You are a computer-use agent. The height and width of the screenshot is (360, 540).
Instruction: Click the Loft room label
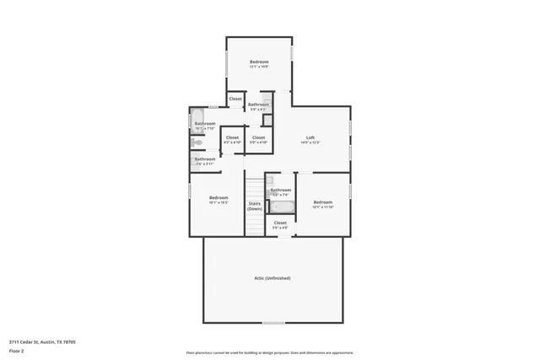[310, 138]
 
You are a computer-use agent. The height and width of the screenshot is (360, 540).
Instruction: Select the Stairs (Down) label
[254, 206]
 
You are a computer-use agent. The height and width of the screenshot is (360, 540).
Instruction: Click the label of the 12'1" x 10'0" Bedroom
[259, 62]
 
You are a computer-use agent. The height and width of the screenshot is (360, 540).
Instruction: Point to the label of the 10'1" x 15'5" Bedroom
[219, 197]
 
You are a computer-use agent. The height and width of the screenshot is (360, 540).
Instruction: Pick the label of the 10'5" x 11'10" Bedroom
[323, 202]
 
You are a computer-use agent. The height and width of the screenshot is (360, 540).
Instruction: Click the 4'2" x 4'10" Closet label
[232, 137]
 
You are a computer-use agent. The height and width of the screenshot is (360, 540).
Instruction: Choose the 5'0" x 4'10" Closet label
[258, 137]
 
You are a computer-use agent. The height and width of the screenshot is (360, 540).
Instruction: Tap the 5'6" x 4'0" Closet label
[280, 223]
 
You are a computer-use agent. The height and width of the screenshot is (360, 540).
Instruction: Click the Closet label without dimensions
[235, 99]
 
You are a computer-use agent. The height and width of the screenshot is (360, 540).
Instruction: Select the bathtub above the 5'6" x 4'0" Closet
[281, 206]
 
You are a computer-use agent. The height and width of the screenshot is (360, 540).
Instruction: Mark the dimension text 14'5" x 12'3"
[310, 142]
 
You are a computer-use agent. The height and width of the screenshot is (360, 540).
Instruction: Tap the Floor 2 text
[17, 351]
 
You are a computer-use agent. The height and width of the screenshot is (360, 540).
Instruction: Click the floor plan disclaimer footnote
[270, 353]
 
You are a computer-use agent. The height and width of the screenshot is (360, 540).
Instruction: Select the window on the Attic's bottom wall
[273, 322]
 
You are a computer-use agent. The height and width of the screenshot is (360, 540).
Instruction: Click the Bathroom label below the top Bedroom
[258, 105]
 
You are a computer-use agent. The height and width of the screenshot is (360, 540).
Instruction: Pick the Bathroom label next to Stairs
[281, 191]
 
